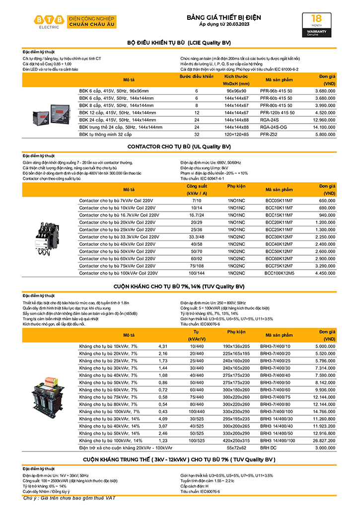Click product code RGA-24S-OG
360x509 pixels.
[x=277, y=127]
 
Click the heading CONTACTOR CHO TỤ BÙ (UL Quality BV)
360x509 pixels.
[x=179, y=146]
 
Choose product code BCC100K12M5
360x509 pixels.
[x=279, y=273]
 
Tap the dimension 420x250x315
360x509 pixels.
[x=236, y=440]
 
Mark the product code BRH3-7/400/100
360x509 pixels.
[x=280, y=412]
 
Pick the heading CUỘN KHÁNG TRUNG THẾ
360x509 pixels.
[x=179, y=459]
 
